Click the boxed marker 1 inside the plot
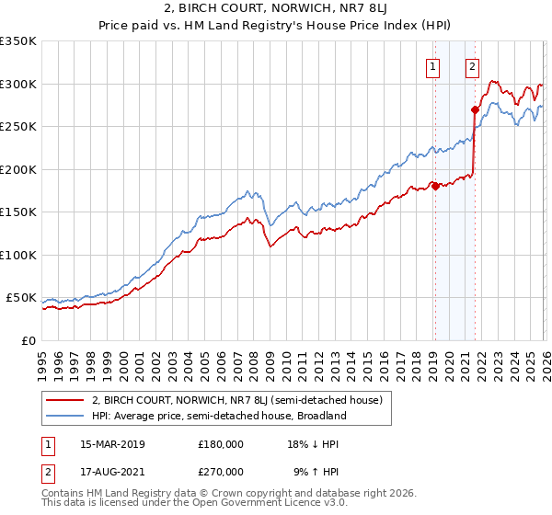click(x=432, y=65)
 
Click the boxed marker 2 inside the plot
click(x=472, y=65)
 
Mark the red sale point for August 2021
click(x=475, y=109)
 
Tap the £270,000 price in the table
click(x=220, y=470)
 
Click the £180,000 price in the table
click(x=220, y=443)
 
